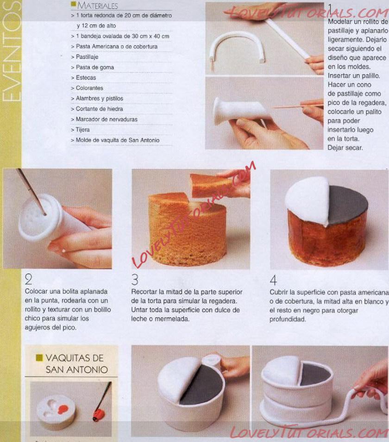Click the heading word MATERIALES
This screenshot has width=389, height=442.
click(97, 6)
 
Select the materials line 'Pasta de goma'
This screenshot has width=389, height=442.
click(95, 68)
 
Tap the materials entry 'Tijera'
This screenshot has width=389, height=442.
click(82, 130)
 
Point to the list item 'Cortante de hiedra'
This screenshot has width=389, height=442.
click(99, 109)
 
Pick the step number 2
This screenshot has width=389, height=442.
click(28, 280)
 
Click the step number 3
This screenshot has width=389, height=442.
click(135, 280)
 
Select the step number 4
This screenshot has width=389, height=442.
click(273, 280)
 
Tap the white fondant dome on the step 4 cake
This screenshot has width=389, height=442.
click(307, 199)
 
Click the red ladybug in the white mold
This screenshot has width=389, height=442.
click(63, 409)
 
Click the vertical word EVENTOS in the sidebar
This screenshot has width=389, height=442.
click(11, 51)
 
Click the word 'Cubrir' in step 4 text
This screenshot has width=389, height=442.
click(278, 293)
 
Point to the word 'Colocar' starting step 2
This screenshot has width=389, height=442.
click(35, 292)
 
